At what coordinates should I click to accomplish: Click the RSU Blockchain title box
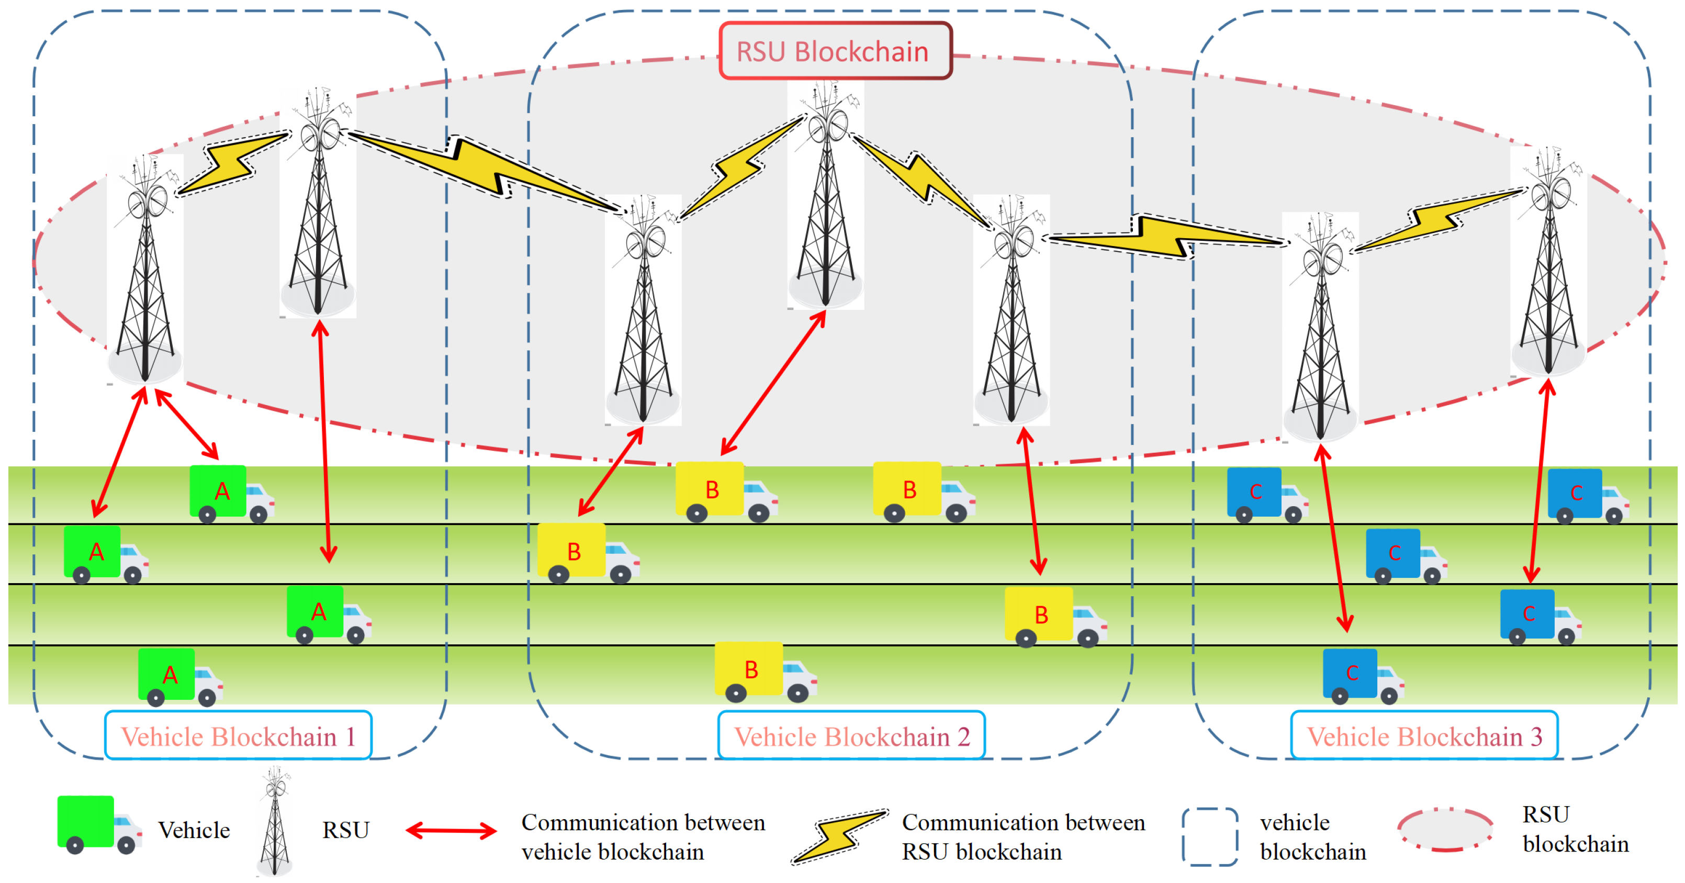coord(835,51)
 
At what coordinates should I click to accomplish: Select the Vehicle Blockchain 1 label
coord(238,736)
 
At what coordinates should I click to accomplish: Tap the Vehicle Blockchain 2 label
coord(852,736)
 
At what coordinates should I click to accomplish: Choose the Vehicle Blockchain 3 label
coord(1424,736)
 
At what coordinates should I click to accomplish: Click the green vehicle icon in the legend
coord(99,825)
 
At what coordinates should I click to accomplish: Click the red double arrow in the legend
coord(451,831)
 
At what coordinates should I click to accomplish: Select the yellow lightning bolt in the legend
coord(839,836)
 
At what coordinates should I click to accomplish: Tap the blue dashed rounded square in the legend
coord(1209,836)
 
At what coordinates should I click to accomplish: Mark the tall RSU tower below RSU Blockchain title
coord(826,195)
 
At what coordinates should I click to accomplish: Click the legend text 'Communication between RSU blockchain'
coord(1024,836)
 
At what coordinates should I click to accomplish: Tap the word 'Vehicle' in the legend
coord(194,830)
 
